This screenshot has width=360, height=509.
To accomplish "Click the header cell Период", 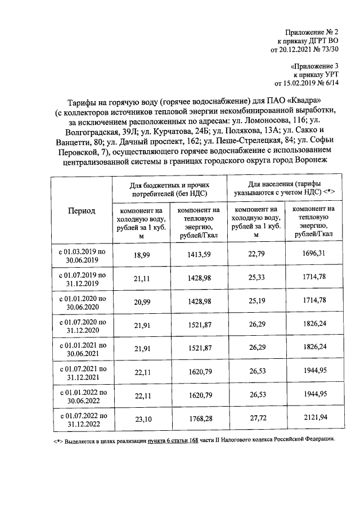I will click(x=82, y=210).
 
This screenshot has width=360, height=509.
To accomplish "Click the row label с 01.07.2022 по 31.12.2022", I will click(x=82, y=420).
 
